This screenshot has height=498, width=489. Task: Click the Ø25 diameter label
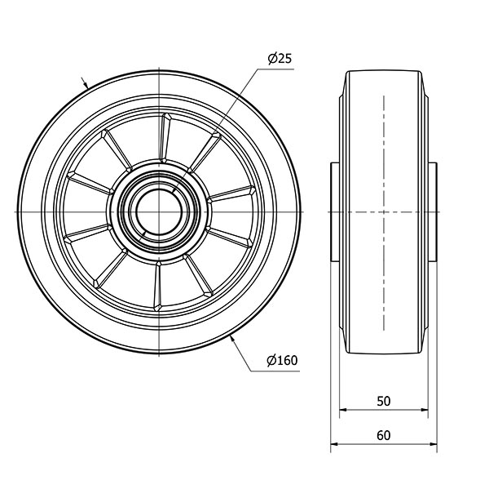click(280, 59)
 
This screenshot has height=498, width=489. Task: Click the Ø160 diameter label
click(282, 361)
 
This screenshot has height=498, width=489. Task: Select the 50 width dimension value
click(383, 402)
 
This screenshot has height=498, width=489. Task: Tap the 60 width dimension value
click(383, 435)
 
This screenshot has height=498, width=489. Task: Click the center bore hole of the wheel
click(158, 211)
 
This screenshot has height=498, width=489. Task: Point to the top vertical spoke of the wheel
click(165, 138)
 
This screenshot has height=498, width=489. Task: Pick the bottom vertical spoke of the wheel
click(157, 286)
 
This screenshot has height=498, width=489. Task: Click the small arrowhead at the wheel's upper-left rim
click(85, 84)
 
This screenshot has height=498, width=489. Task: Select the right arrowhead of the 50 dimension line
click(424, 410)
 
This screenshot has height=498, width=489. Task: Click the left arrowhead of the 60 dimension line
click(335, 443)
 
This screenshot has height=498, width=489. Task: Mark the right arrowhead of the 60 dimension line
click(433, 443)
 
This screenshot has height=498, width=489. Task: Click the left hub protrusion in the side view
click(335, 211)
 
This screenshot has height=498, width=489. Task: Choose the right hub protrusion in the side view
click(433, 211)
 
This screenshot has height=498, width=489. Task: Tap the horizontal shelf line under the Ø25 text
click(275, 69)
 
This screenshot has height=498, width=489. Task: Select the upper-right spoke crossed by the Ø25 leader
click(205, 153)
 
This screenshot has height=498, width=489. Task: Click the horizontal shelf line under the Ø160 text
click(275, 371)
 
